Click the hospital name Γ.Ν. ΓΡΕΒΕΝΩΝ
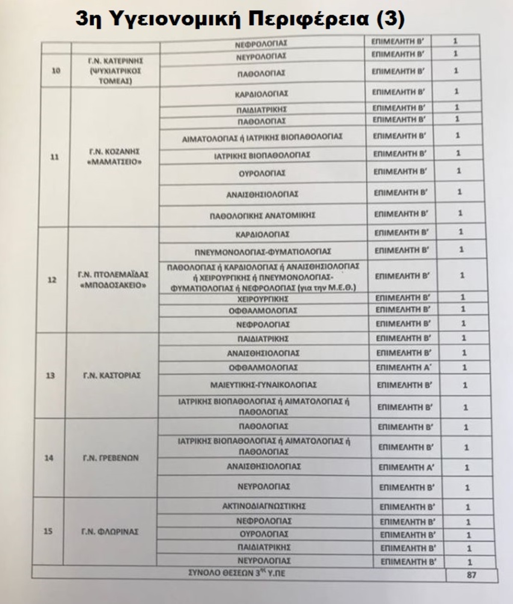[x=111, y=458]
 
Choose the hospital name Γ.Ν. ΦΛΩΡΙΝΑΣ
[x=110, y=532]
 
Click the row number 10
[x=56, y=71]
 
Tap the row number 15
[x=48, y=531]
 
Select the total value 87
[x=471, y=575]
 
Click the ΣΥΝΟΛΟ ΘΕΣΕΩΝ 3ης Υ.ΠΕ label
[x=236, y=573]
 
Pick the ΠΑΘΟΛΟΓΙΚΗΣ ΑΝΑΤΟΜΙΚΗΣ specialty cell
[x=262, y=215]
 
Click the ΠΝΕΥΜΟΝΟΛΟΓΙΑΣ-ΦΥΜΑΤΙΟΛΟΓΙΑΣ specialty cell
[x=263, y=252]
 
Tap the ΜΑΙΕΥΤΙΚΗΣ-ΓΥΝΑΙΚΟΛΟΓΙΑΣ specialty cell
[x=263, y=385]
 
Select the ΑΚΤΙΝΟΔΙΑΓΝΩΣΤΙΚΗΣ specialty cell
[x=264, y=506]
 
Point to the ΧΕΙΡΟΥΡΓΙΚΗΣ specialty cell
[x=262, y=299]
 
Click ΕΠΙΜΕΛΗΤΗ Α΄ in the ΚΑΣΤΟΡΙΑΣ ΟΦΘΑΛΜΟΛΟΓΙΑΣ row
[x=404, y=367]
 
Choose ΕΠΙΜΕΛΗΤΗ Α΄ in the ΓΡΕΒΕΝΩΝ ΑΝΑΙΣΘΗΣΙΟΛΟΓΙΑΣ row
[x=406, y=468]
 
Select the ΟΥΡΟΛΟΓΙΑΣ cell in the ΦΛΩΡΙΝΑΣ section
[x=264, y=534]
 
